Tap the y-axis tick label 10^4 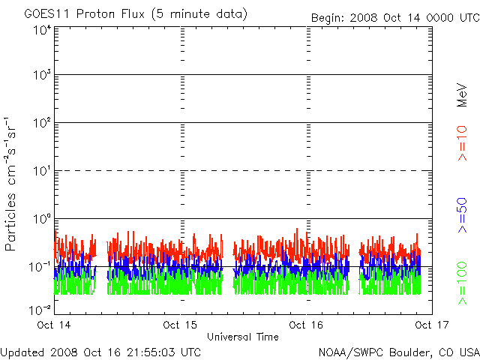pos(42,31)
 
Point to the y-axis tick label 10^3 pos(42,76)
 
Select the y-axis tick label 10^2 pos(42,124)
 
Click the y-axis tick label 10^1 pos(42,172)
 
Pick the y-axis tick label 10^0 pos(42,219)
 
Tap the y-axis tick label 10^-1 pos(40,267)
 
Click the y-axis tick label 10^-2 pos(40,308)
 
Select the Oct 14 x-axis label pos(53,325)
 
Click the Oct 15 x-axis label pos(181,325)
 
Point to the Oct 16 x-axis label pos(306,325)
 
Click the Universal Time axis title pos(242,337)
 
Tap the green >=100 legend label pos(462,283)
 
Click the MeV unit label pos(462,95)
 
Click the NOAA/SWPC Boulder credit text pos(398,352)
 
